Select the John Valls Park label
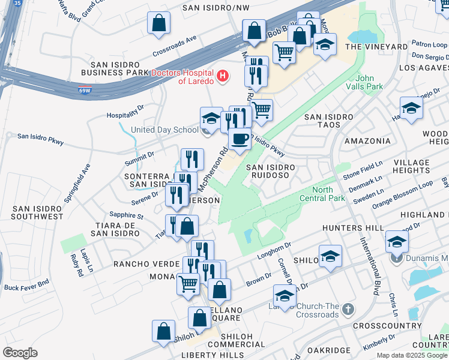tap(369, 82)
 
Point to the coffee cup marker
tap(240, 139)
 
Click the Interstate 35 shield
tap(18, 3)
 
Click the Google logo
tap(20, 352)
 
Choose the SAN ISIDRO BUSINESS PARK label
tap(119, 68)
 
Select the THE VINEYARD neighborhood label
tap(376, 47)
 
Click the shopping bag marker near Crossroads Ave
tap(159, 23)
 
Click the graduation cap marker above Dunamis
tap(397, 242)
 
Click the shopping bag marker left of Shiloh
tap(163, 331)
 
